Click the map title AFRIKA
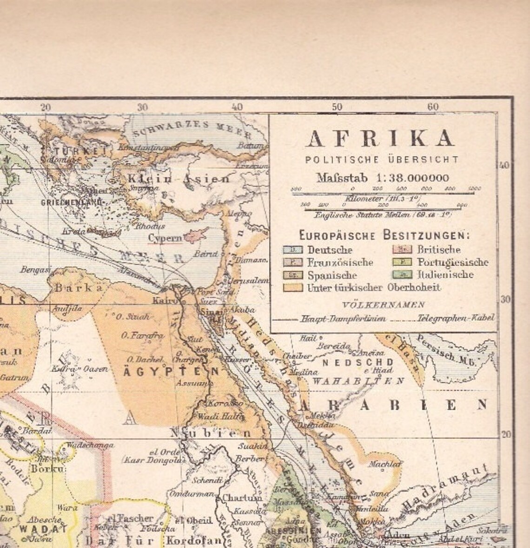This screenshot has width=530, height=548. pyautogui.click(x=380, y=139)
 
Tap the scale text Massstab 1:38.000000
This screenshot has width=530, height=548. pyautogui.click(x=383, y=178)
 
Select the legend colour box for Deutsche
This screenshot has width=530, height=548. pyautogui.click(x=293, y=250)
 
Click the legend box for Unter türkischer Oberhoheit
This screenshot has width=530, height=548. pyautogui.click(x=293, y=288)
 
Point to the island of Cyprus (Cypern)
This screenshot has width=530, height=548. pyautogui.click(x=192, y=237)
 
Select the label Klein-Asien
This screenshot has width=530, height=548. pyautogui.click(x=179, y=178)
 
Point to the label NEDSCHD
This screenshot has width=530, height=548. pyautogui.click(x=358, y=362)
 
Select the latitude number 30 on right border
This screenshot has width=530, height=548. pyautogui.click(x=505, y=299)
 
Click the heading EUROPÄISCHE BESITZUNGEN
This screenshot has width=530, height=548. pyautogui.click(x=384, y=235)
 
